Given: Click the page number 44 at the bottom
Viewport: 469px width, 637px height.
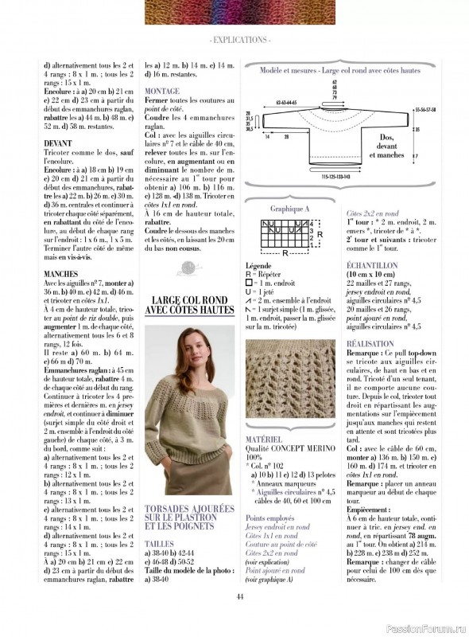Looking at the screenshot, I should coord(239,598).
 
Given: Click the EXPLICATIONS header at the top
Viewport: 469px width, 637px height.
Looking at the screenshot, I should coord(238,38).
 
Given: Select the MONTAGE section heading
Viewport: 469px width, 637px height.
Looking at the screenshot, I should coord(162,92).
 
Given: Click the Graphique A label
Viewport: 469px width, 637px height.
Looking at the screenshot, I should coord(278,209).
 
